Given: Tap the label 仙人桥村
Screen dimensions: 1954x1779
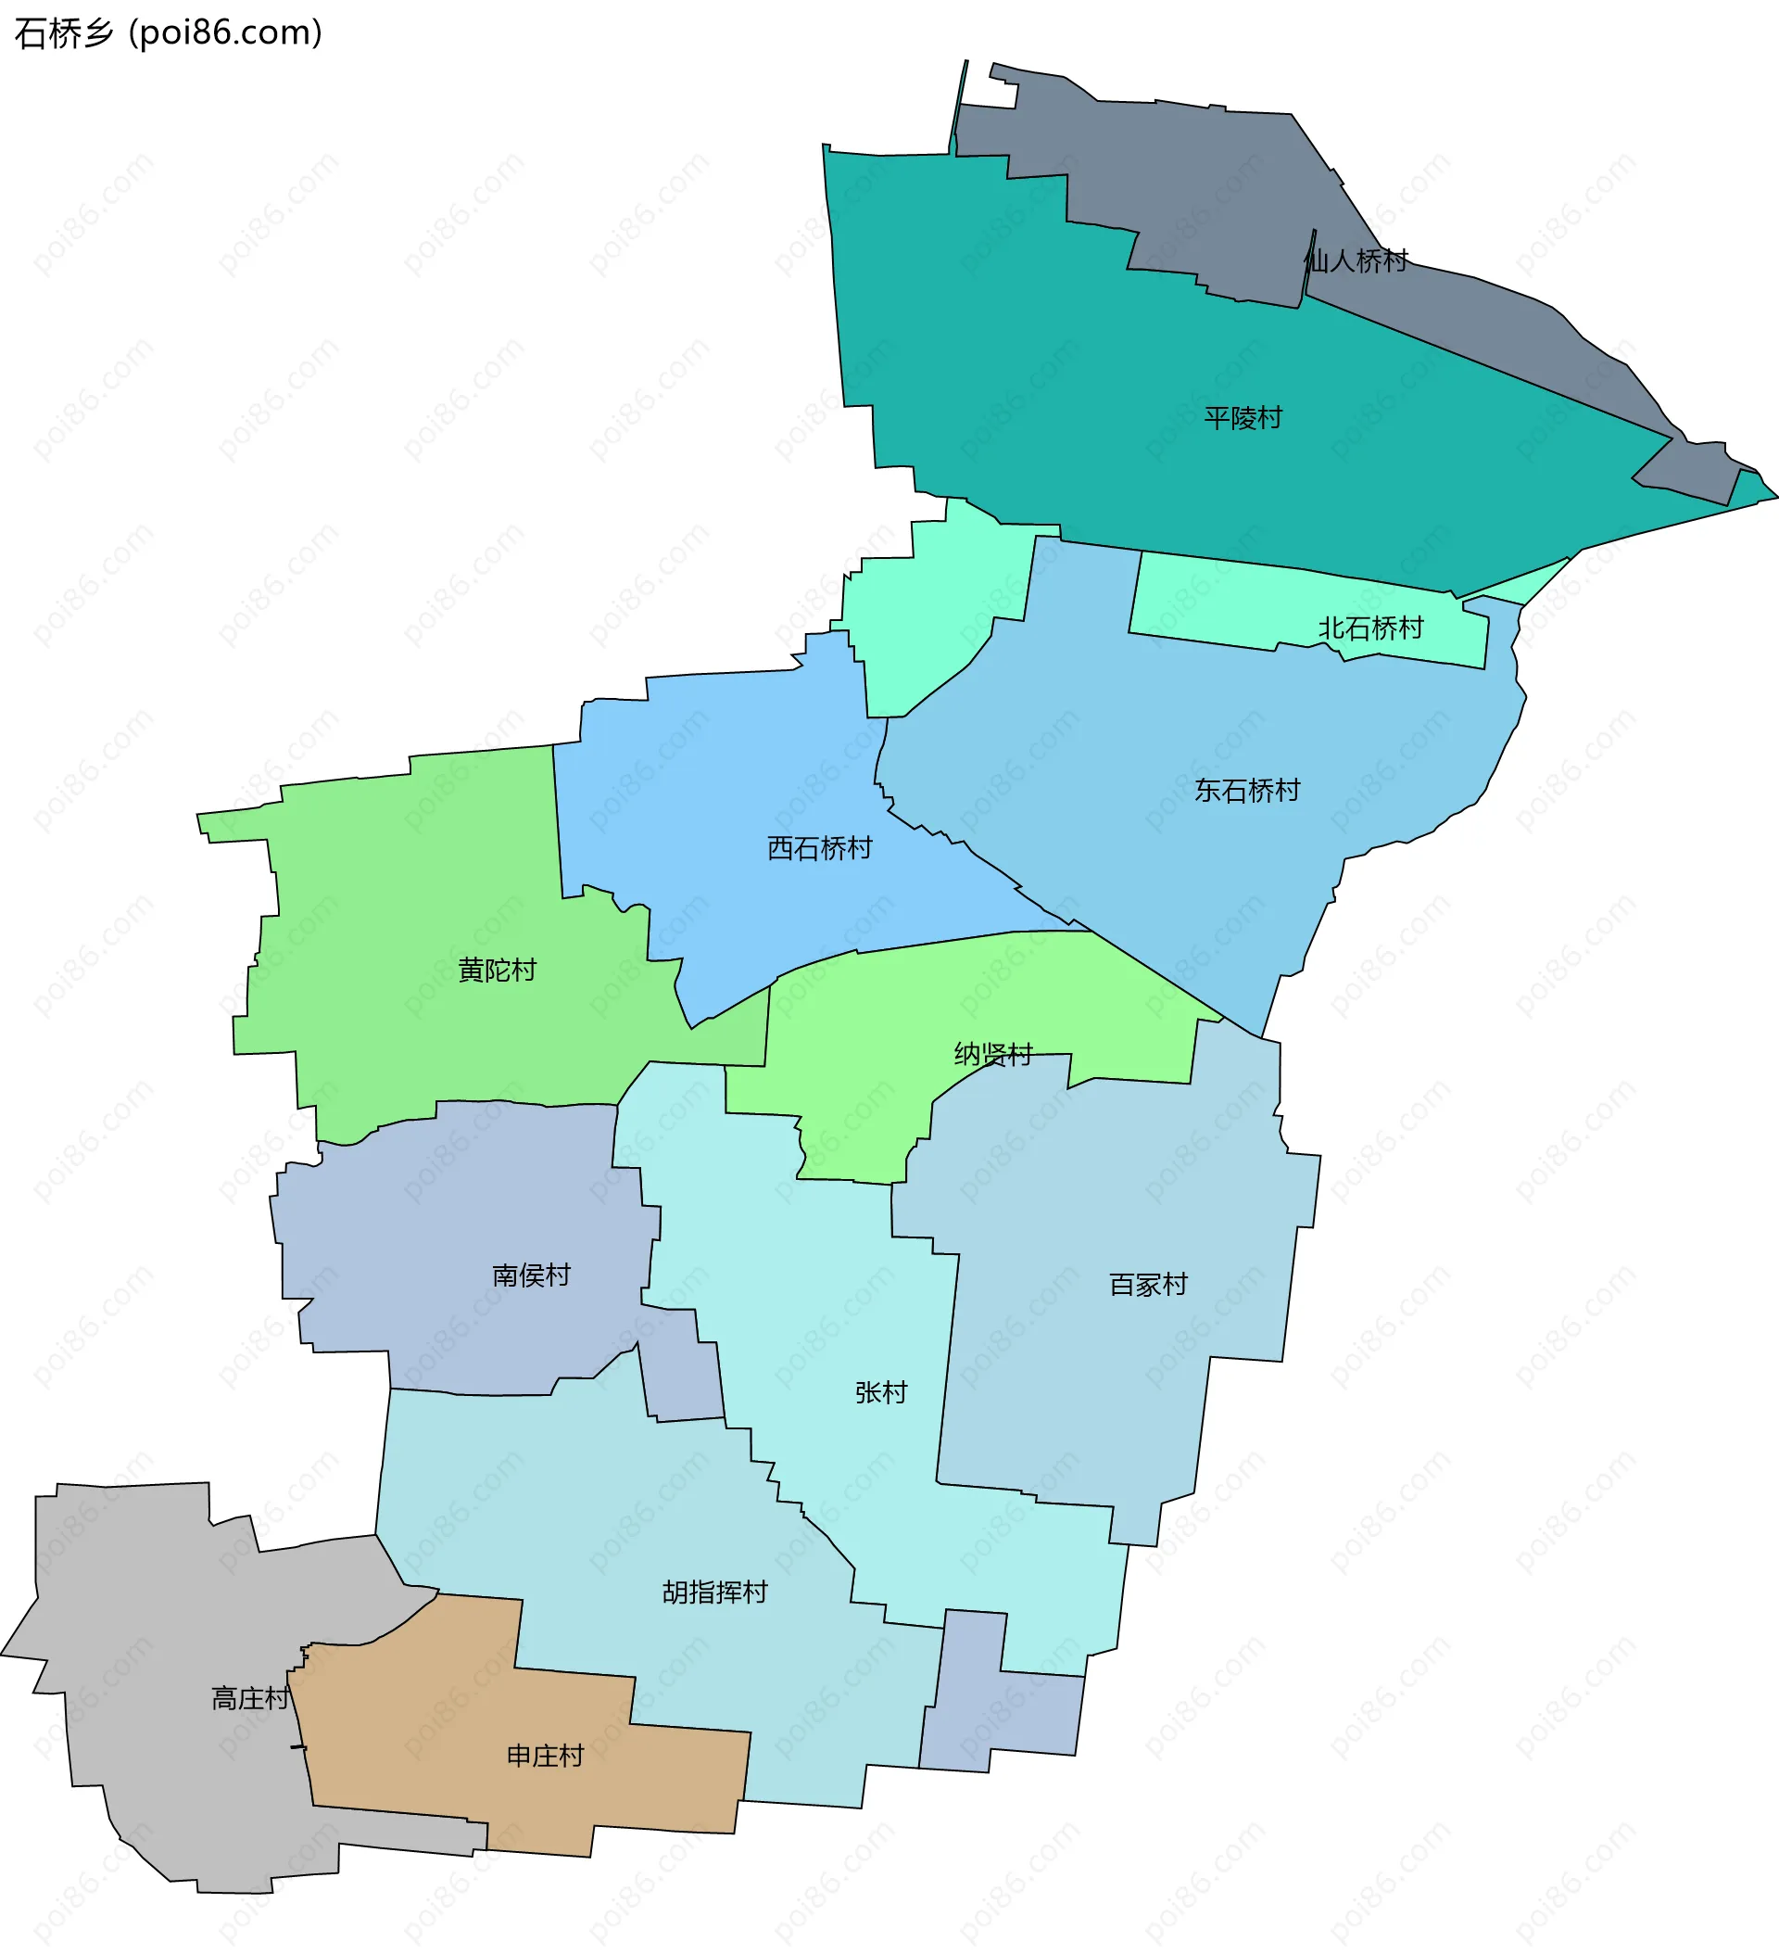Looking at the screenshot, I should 1356,260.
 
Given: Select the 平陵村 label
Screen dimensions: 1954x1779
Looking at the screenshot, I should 1243,418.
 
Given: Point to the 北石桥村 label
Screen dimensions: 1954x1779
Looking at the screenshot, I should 1370,629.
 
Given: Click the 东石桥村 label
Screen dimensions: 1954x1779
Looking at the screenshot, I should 1247,791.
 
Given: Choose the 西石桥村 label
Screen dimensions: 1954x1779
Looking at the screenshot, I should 820,849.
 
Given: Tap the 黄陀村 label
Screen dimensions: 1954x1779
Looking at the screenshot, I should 497,971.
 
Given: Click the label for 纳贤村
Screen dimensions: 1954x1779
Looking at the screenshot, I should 993,1055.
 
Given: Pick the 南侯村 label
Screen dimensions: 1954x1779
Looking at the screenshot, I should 531,1275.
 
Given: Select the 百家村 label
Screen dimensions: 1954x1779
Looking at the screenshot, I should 1148,1286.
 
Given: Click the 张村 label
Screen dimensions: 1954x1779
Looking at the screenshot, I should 881,1393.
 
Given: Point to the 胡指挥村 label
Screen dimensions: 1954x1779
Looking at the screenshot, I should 715,1592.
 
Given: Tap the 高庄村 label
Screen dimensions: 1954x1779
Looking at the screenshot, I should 250,1699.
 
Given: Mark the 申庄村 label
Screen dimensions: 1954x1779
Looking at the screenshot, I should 546,1757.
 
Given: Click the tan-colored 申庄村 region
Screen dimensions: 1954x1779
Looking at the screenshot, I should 436,1706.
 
